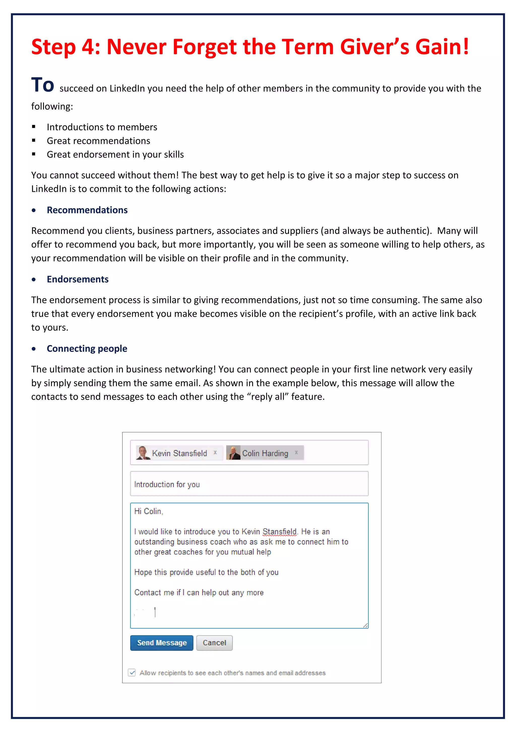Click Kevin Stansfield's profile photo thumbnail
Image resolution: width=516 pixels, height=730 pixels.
tap(143, 452)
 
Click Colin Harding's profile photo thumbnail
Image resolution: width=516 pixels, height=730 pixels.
tap(233, 452)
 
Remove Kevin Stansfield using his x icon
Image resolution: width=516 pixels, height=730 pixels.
tap(215, 452)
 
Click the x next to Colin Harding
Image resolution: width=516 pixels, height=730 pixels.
tap(296, 452)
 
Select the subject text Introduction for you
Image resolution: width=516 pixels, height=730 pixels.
tap(167, 484)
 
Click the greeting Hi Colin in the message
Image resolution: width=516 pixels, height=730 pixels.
tap(148, 511)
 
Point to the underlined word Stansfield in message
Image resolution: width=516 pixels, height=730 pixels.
tap(279, 532)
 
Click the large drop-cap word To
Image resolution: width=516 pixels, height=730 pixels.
tap(43, 85)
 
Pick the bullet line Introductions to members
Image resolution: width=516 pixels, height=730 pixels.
tap(102, 127)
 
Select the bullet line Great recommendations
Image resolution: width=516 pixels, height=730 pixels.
tap(98, 141)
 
